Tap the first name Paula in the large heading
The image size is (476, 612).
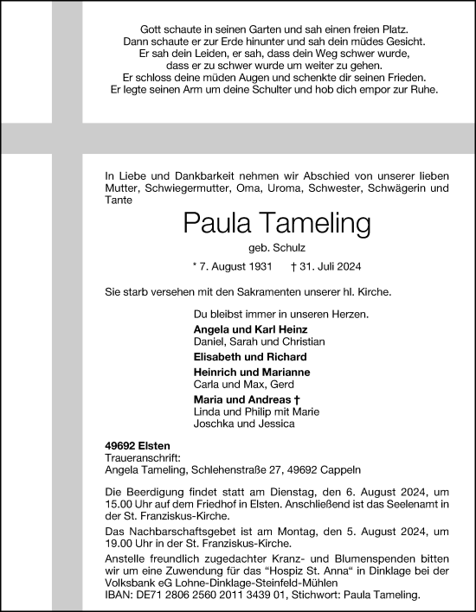pyautogui.click(x=215, y=225)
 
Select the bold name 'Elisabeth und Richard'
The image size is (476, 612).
pyautogui.click(x=251, y=356)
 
